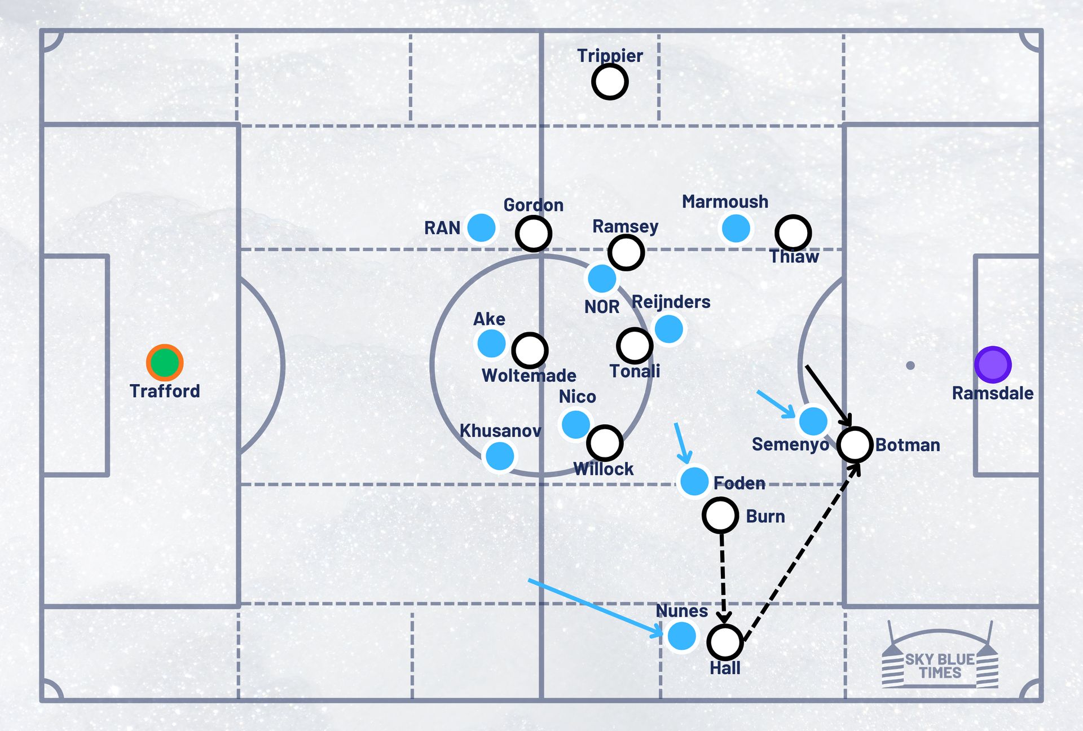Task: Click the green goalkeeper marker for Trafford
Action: [x=165, y=363]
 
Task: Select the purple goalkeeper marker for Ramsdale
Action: [x=993, y=365]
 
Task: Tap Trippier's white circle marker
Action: [x=610, y=82]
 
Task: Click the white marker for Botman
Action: [x=855, y=444]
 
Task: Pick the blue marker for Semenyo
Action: [x=813, y=421]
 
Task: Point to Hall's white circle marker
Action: [x=725, y=642]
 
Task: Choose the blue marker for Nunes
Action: [x=682, y=636]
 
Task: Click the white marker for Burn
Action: [x=720, y=515]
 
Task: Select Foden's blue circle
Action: [x=694, y=481]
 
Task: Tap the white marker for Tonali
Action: [x=635, y=346]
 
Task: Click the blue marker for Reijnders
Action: [x=669, y=329]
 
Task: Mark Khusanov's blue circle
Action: [x=500, y=456]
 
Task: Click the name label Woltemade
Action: [x=529, y=376]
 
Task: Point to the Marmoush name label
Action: [x=725, y=202]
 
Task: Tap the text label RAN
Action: [x=442, y=228]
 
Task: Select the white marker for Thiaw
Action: [x=793, y=232]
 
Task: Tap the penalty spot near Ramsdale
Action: [x=910, y=365]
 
